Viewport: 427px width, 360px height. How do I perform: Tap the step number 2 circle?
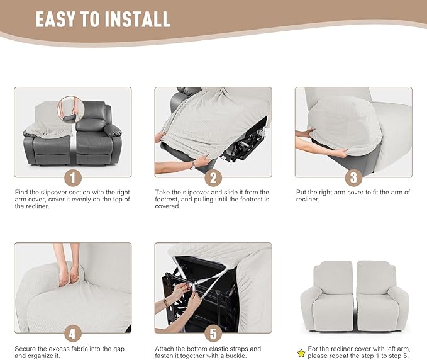213,177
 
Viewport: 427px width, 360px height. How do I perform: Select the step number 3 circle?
353,177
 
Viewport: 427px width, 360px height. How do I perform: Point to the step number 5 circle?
213,333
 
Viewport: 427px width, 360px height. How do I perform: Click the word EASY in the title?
58,20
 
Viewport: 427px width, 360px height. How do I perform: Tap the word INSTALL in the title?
135,20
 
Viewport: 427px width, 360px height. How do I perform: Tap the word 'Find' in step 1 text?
21,193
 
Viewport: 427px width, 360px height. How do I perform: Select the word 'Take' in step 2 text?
162,193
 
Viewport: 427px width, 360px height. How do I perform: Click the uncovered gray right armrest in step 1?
113,131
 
